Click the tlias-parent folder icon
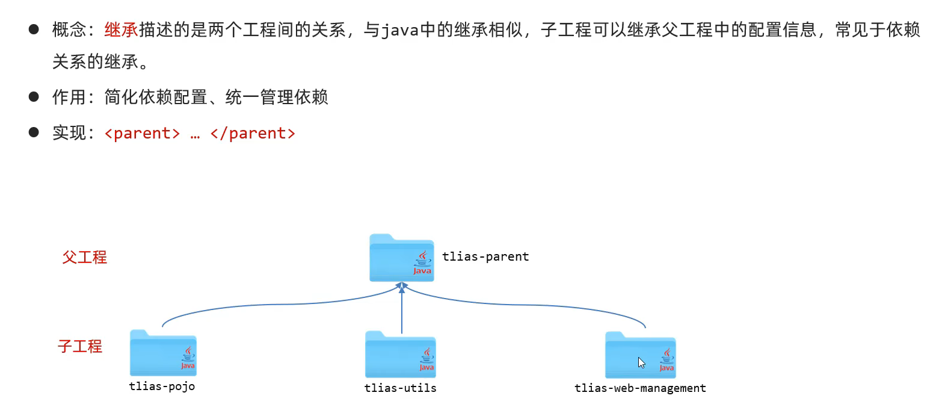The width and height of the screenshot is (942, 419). click(x=401, y=258)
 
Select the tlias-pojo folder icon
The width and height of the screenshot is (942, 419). click(x=163, y=353)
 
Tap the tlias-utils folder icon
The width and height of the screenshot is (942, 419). click(x=400, y=355)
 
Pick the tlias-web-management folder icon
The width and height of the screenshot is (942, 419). click(x=640, y=355)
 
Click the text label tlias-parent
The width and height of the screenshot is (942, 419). click(x=485, y=256)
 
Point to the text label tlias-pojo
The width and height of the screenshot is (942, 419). click(x=162, y=386)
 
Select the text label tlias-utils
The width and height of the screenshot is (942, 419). click(x=400, y=388)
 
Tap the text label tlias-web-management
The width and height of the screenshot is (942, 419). click(x=640, y=388)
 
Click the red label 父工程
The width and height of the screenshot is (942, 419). click(x=85, y=258)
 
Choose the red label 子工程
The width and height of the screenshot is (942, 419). click(x=80, y=347)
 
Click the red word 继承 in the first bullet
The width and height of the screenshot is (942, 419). click(x=121, y=30)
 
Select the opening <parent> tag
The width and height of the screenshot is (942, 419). click(x=142, y=133)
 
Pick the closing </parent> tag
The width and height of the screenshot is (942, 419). click(x=253, y=133)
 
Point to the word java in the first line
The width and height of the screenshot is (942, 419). click(x=400, y=31)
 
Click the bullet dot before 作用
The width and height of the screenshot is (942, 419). click(x=34, y=96)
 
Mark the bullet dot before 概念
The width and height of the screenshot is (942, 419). click(x=34, y=29)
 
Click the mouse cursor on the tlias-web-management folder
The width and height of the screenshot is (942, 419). click(x=641, y=362)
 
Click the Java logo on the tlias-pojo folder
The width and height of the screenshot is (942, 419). click(x=188, y=358)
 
